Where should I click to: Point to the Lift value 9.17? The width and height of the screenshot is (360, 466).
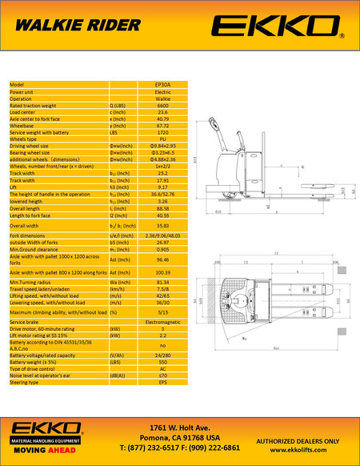click(x=162, y=187)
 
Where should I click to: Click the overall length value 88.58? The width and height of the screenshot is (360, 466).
click(x=162, y=208)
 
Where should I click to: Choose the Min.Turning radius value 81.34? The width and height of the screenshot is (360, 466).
click(x=162, y=283)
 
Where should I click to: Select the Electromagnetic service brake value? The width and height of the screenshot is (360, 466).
click(x=162, y=321)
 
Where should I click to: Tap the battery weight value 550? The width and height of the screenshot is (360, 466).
click(x=162, y=361)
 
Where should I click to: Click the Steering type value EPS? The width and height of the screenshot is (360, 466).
click(x=162, y=382)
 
